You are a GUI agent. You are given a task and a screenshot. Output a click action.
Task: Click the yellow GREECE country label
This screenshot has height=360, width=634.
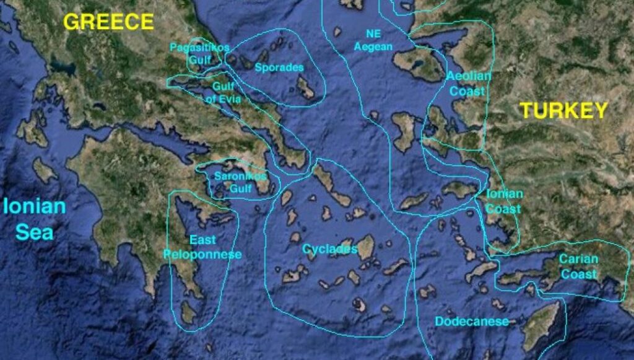click(108, 22)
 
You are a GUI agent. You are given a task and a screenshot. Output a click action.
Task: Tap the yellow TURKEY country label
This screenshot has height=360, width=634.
click(563, 110)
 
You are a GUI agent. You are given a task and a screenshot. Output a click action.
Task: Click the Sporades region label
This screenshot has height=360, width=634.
click(279, 67)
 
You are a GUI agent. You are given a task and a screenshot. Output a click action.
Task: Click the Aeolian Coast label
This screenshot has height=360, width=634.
click(469, 84)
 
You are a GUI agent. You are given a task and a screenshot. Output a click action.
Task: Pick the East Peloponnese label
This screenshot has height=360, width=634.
click(202, 247)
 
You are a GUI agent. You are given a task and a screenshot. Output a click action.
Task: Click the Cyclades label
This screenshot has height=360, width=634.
click(329, 249)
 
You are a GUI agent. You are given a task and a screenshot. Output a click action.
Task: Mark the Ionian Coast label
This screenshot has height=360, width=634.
click(503, 201)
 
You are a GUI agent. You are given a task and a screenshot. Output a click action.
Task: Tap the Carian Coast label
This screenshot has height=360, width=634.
click(579, 266)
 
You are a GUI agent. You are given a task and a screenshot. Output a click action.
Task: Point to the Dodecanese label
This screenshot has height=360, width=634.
click(472, 322)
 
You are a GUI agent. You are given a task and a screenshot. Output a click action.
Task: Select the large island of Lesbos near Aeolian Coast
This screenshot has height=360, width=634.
click(419, 63)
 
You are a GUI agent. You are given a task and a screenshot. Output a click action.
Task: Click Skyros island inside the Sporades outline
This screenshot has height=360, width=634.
click(306, 87)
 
